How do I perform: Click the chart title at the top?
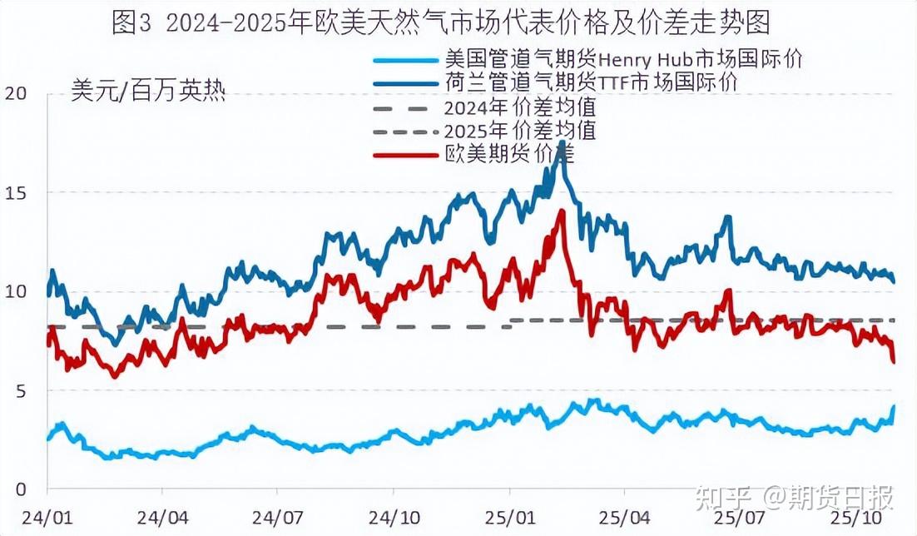click(440, 22)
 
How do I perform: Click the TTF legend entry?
click(591, 82)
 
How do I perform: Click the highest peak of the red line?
click(562, 211)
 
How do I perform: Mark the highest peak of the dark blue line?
click(563, 142)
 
